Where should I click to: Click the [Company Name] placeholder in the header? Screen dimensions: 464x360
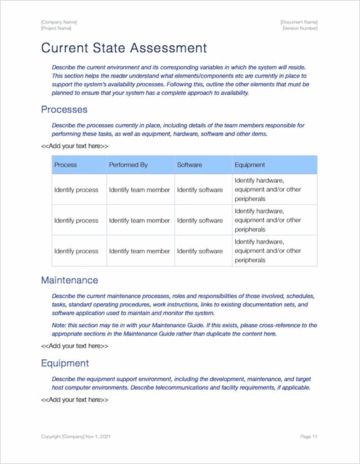click(x=59, y=22)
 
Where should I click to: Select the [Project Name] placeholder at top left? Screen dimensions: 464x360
click(x=56, y=28)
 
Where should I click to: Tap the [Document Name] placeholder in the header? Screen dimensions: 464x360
click(x=299, y=22)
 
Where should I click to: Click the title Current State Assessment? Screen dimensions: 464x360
click(x=124, y=48)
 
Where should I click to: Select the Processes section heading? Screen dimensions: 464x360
click(x=64, y=110)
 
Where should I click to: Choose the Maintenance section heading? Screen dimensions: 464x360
click(x=69, y=280)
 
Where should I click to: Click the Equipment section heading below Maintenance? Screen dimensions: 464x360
click(x=65, y=363)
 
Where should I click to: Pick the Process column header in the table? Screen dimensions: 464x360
click(x=66, y=165)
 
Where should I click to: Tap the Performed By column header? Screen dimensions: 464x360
click(x=128, y=165)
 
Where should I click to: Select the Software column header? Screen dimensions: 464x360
click(x=189, y=165)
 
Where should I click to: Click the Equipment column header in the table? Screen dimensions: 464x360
click(x=250, y=165)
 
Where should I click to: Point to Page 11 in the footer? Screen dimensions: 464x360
click(x=309, y=436)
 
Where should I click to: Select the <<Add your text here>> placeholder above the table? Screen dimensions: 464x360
click(x=74, y=146)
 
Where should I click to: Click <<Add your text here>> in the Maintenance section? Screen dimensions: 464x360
click(x=74, y=345)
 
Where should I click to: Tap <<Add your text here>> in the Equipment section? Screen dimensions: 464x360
click(x=74, y=400)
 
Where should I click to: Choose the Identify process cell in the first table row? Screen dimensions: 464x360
click(x=76, y=190)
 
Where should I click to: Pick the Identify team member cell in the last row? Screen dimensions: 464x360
click(x=139, y=251)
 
